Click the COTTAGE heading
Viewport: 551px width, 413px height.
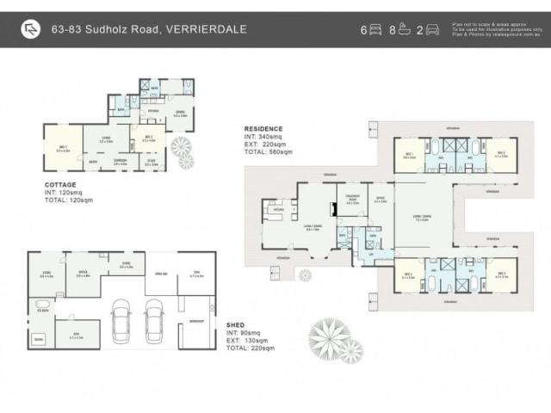59,184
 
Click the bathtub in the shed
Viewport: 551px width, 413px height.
41,304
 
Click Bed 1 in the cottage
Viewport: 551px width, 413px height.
61,149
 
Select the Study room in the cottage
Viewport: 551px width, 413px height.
152,161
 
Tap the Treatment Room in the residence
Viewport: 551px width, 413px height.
351,203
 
